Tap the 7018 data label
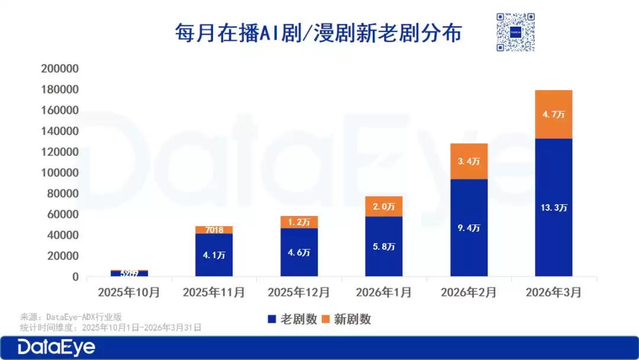pyautogui.click(x=214, y=230)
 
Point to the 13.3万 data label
pyautogui.click(x=553, y=208)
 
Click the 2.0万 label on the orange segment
pyautogui.click(x=383, y=207)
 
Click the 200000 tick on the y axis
pyautogui.click(x=60, y=69)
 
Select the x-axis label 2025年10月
pyautogui.click(x=129, y=292)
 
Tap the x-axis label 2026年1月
pyautogui.click(x=383, y=292)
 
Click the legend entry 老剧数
pyautogui.click(x=291, y=319)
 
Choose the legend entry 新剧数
pyautogui.click(x=346, y=319)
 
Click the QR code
pyautogui.click(x=515, y=32)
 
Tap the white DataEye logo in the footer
pyautogui.click(x=56, y=347)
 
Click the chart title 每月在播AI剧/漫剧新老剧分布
pyautogui.click(x=318, y=33)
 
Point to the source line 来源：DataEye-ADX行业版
pyautogui.click(x=70, y=317)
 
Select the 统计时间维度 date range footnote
pyautogui.click(x=111, y=327)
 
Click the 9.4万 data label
pyautogui.click(x=469, y=228)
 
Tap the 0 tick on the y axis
pyautogui.click(x=75, y=277)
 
